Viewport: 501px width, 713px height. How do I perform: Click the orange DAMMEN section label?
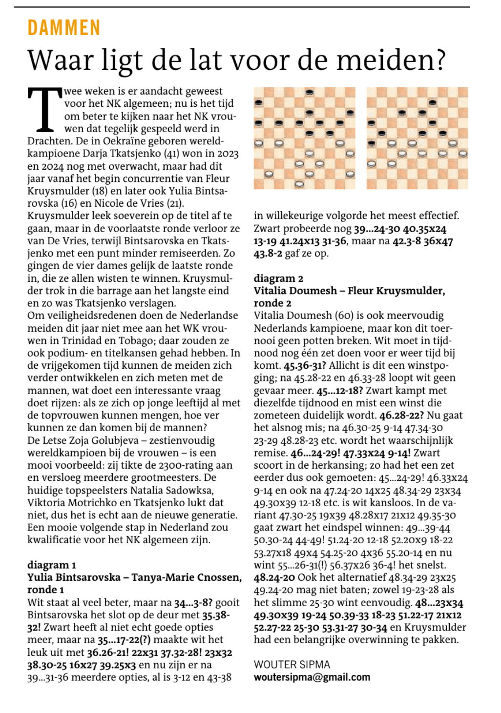[63, 28]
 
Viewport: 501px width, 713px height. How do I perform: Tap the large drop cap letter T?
[45, 110]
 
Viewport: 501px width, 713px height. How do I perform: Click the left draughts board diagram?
[304, 138]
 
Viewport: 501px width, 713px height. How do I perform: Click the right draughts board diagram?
[417, 138]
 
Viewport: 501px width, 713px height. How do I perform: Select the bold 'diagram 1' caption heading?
[52, 565]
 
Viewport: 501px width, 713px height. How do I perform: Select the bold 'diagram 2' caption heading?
[278, 278]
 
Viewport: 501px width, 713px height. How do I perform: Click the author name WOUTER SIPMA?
[292, 664]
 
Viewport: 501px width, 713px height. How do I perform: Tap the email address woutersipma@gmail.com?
[312, 677]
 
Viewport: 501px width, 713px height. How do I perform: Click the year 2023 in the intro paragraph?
[228, 154]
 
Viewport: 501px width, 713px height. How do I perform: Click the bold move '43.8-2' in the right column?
[268, 253]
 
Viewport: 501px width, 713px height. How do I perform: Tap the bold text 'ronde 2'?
[272, 303]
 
